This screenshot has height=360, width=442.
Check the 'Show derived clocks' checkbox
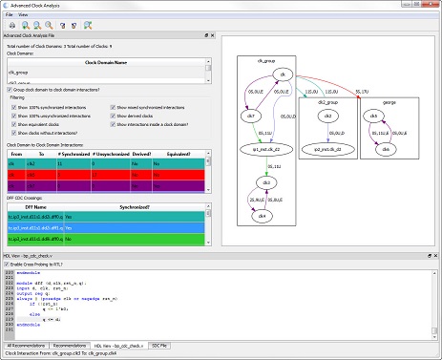(113, 117)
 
